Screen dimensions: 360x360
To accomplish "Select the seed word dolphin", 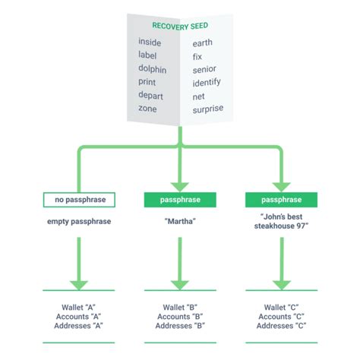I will pyautogui.click(x=153, y=68).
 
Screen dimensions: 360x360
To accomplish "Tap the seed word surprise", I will pyautogui.click(x=208, y=109).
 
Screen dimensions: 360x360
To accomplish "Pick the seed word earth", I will pyautogui.click(x=204, y=43).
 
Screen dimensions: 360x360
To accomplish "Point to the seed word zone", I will pyautogui.click(x=147, y=109).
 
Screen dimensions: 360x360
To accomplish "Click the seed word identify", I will pyautogui.click(x=207, y=82).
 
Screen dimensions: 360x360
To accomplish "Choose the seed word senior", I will pyautogui.click(x=204, y=69).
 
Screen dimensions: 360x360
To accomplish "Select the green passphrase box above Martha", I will pyautogui.click(x=180, y=200).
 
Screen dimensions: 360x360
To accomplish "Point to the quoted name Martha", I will pyautogui.click(x=180, y=222).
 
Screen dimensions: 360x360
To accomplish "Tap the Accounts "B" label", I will pyautogui.click(x=180, y=315).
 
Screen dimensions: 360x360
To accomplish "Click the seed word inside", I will pyautogui.click(x=150, y=43).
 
